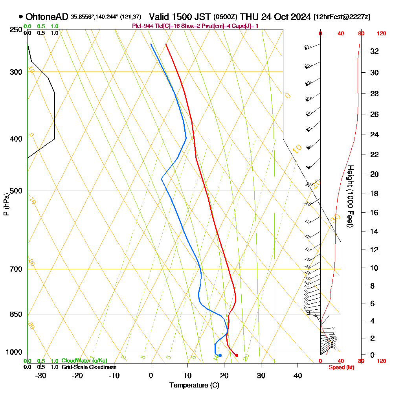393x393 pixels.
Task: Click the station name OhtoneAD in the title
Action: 47,17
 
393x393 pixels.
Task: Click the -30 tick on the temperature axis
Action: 41,376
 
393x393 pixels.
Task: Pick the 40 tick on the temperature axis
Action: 298,376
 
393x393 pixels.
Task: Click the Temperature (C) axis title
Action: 194,386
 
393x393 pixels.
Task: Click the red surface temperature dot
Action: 237,355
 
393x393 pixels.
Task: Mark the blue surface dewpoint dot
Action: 220,355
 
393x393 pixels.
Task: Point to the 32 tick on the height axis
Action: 375,51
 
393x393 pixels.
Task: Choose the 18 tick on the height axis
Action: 375,193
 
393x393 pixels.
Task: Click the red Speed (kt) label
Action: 341,367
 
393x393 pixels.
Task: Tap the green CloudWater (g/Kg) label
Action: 84,361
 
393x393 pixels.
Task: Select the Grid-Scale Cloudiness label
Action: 89,367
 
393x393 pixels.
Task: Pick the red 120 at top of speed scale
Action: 381,34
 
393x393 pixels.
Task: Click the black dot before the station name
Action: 20,17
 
